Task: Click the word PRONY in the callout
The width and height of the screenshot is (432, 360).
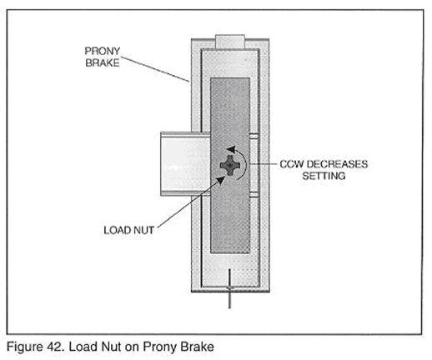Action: tap(103, 51)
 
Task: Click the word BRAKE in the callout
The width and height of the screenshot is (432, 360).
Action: tap(103, 62)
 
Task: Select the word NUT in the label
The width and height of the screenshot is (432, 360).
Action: tap(143, 230)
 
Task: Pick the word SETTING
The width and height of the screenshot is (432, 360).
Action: tap(324, 176)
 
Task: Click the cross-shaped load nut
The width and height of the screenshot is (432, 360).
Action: tap(230, 166)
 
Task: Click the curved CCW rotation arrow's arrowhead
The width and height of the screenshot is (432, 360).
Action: tap(231, 149)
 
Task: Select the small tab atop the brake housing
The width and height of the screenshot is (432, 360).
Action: tap(230, 42)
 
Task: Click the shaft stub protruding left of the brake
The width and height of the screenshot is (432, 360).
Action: tap(185, 164)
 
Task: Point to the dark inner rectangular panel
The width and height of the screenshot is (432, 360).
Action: tap(230, 166)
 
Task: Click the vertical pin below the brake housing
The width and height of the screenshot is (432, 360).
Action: tap(229, 288)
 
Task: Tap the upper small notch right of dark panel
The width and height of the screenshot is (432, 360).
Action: tap(254, 136)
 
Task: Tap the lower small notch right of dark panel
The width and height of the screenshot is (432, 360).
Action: tap(254, 194)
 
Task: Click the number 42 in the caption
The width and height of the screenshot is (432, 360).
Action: tap(57, 347)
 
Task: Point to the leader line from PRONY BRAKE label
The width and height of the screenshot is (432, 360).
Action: tap(155, 69)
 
